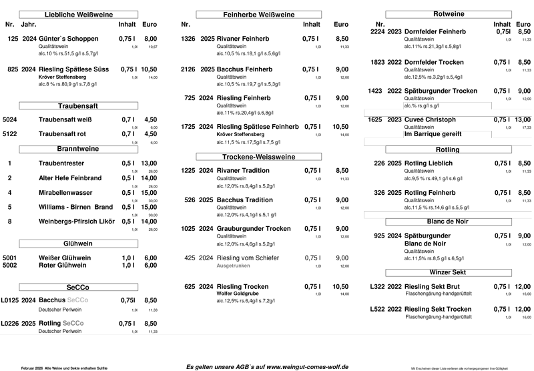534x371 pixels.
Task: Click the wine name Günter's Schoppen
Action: click(x=69, y=39)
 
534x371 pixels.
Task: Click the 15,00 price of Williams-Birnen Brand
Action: click(x=149, y=206)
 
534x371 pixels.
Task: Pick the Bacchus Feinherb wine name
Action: click(x=245, y=69)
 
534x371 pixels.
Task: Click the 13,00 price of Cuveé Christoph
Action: click(x=524, y=119)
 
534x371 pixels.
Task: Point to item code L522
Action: click(x=377, y=309)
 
